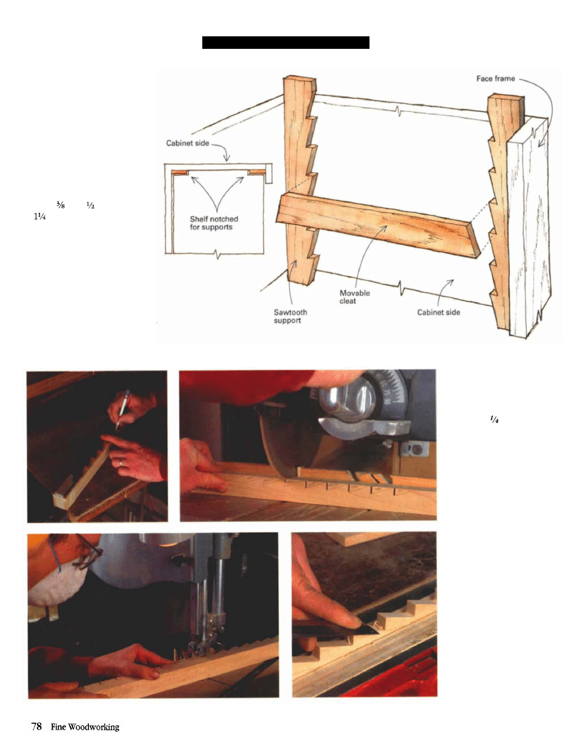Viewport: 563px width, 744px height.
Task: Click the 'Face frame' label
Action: tap(495, 79)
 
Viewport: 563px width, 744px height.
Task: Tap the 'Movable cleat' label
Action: tap(354, 297)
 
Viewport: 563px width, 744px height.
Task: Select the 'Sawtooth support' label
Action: tap(291, 316)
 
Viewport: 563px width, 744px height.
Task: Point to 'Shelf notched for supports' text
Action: tap(214, 223)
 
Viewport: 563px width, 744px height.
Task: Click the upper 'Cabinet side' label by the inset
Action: tap(187, 143)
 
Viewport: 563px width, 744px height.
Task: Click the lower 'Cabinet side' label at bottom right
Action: tap(438, 313)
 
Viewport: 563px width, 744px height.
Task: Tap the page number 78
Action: tap(36, 726)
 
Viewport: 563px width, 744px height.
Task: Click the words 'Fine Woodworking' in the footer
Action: tap(85, 727)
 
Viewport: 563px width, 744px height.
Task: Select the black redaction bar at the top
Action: tap(286, 42)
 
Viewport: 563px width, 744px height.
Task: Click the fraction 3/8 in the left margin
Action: tap(60, 205)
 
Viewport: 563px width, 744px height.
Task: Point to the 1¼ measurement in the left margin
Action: tap(39, 217)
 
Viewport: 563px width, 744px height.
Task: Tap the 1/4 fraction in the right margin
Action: tap(493, 419)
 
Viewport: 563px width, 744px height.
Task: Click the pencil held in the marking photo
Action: tap(122, 410)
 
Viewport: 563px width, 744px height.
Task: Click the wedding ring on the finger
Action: tap(120, 462)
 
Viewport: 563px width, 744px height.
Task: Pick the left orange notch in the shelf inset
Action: tap(180, 172)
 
